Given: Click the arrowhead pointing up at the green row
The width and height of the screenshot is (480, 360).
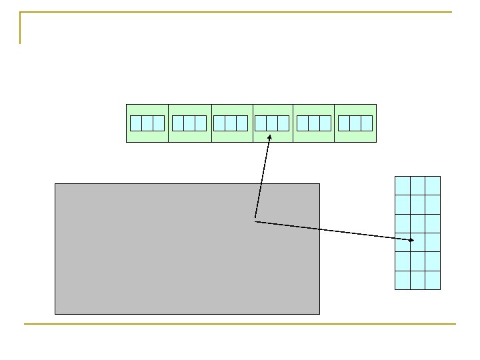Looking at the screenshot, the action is tap(269, 138).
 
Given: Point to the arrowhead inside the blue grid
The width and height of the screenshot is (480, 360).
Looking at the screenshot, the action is tap(412, 239).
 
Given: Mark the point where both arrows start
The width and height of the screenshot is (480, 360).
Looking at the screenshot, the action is tap(255, 221).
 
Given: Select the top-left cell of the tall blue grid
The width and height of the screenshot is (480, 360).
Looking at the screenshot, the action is tap(403, 185).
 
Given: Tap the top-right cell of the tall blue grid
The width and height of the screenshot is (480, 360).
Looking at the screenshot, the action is tap(433, 185).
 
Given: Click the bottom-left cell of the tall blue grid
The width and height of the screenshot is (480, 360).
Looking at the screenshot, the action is tap(403, 280).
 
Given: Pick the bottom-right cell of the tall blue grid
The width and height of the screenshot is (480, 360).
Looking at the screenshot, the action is tap(433, 280).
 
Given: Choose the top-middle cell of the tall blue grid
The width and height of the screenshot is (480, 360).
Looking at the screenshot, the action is tap(417, 185).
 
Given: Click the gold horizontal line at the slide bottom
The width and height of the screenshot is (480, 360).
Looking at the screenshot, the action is tap(240, 324).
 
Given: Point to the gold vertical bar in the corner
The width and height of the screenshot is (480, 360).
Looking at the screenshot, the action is tap(21, 28).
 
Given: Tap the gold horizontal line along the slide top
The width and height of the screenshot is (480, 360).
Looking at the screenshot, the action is tap(240, 12).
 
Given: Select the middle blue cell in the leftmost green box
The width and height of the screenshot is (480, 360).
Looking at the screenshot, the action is tap(147, 123).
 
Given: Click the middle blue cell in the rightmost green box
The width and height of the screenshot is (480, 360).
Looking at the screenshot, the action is tap(355, 123).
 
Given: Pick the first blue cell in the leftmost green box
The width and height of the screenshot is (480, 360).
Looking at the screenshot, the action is tap(136, 123).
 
